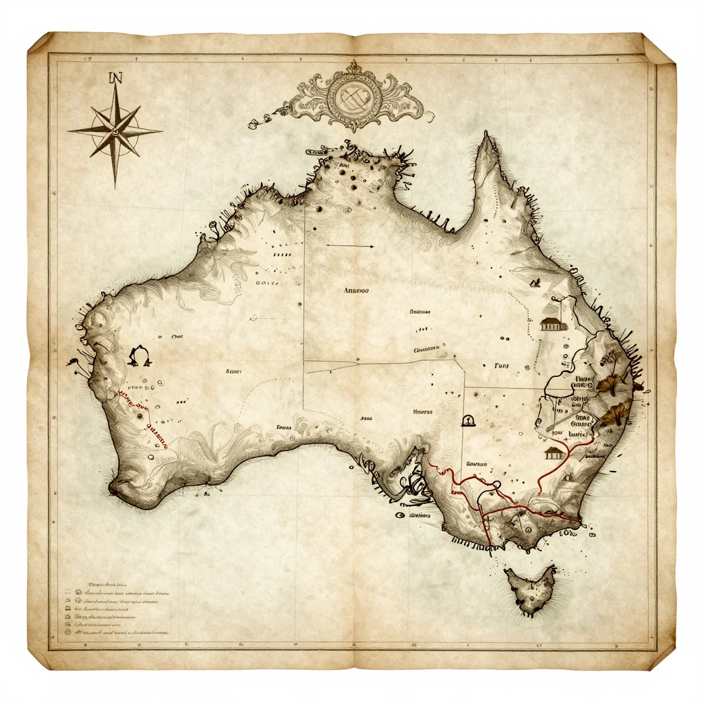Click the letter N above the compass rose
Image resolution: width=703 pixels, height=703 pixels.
pyautogui.click(x=115, y=78)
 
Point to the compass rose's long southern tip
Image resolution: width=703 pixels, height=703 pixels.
pyautogui.click(x=115, y=184)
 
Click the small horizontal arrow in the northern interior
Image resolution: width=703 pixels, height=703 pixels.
pyautogui.click(x=349, y=245)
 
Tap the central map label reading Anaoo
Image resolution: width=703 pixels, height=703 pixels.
pyautogui.click(x=356, y=290)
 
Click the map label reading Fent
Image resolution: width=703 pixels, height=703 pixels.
pyautogui.click(x=503, y=366)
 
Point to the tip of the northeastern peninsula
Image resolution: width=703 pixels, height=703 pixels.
pyautogui.click(x=489, y=137)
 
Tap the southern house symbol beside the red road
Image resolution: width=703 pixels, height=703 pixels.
pyautogui.click(x=553, y=452)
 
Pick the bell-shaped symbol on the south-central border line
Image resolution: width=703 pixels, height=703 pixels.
pyautogui.click(x=469, y=419)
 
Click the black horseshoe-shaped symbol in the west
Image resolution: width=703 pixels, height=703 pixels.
pyautogui.click(x=139, y=356)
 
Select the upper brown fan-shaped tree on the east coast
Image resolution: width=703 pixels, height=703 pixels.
pyautogui.click(x=608, y=383)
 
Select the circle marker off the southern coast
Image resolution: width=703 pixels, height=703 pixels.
pyautogui.click(x=400, y=514)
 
